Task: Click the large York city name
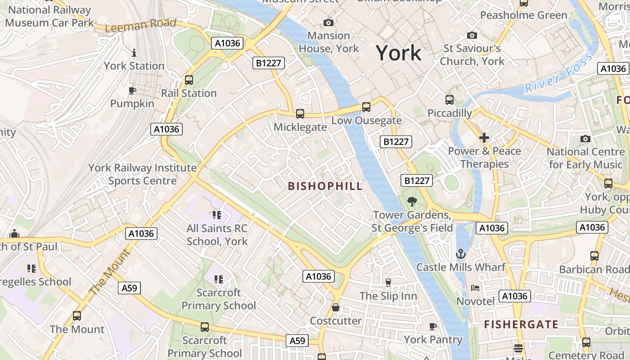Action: [x=399, y=53]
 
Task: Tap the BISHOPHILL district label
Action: [x=325, y=186]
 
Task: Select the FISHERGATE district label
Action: [x=521, y=324]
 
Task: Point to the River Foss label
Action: [x=559, y=73]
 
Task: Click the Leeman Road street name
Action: [x=141, y=25]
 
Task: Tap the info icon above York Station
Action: [x=134, y=53]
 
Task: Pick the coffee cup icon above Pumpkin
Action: [x=132, y=91]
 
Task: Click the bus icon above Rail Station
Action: [x=189, y=80]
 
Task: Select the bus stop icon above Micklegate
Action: [x=300, y=114]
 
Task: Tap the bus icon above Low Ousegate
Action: [x=366, y=107]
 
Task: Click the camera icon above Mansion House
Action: [x=328, y=22]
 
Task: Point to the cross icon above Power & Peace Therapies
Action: [x=484, y=138]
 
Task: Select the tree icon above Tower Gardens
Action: [x=411, y=202]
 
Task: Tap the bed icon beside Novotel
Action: [x=475, y=288]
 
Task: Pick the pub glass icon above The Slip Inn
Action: [x=388, y=283]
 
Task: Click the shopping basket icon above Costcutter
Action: [x=336, y=308]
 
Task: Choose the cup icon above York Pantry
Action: [x=433, y=326]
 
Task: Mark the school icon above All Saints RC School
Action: [x=217, y=215]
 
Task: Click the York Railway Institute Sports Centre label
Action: [x=142, y=174]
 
